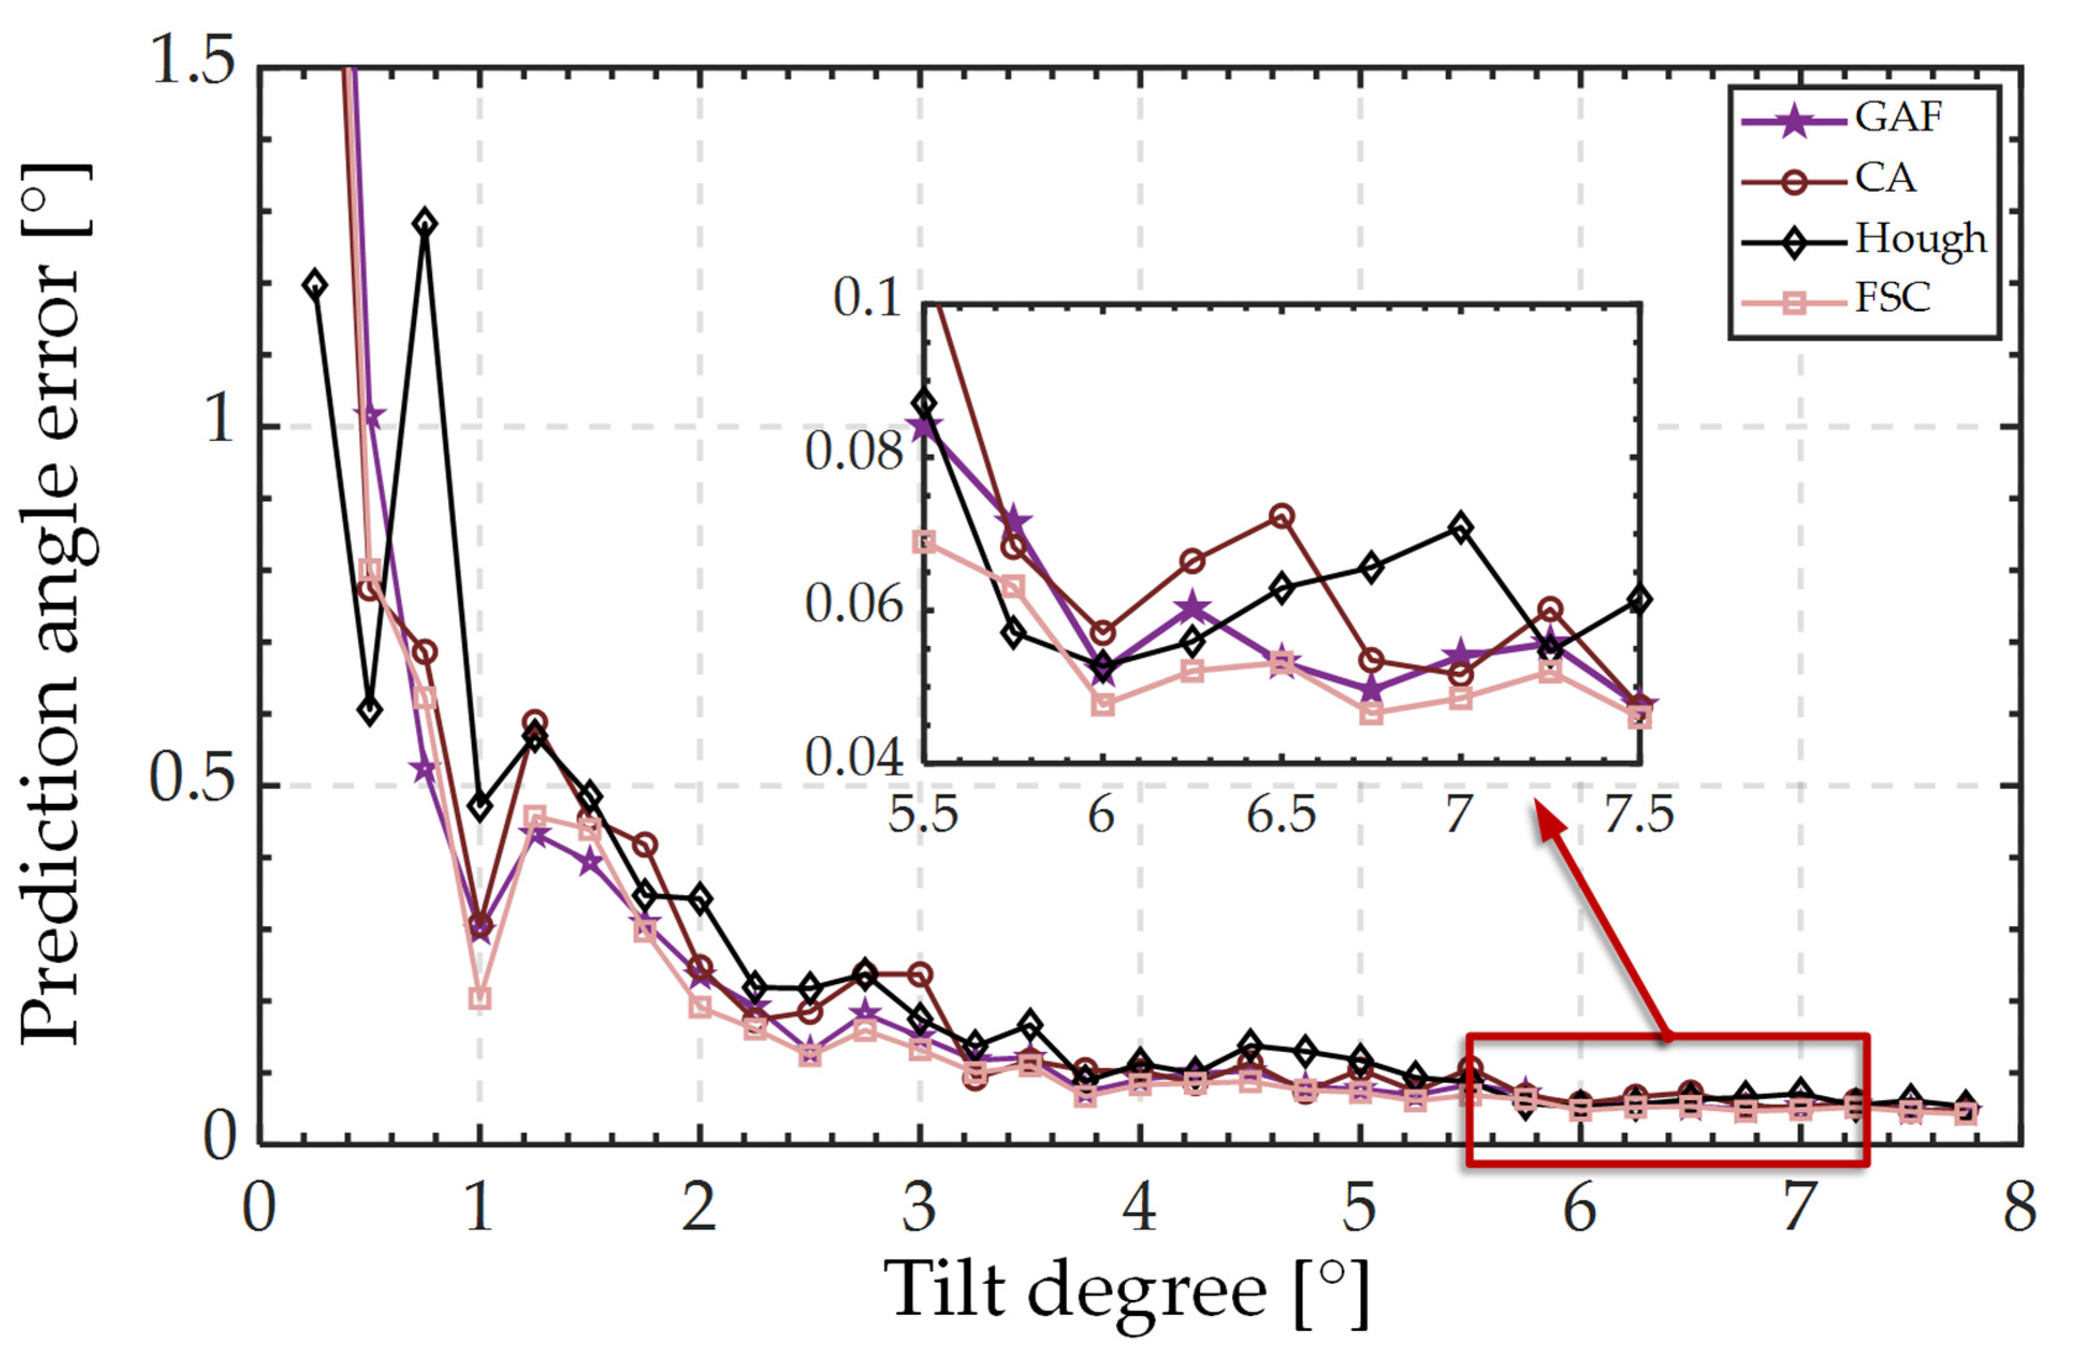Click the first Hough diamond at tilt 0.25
pyautogui.click(x=315, y=285)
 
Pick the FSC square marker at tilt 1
pyautogui.click(x=479, y=998)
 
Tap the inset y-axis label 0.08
pyautogui.click(x=853, y=453)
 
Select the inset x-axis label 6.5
pyautogui.click(x=1280, y=816)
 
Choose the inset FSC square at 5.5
pyautogui.click(x=924, y=542)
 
